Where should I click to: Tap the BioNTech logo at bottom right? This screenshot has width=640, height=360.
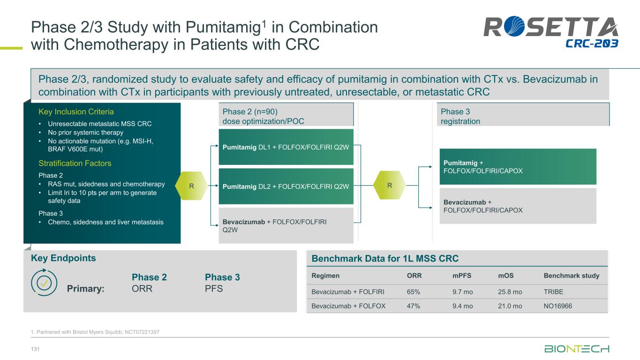coord(577,349)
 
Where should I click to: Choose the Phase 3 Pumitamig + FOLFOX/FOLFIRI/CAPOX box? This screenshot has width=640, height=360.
coord(518,166)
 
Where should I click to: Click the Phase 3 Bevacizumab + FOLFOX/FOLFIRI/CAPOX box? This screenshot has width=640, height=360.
coord(518,206)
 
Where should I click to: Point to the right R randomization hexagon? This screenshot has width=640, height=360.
coord(390,186)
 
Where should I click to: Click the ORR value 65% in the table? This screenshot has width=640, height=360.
coord(413,292)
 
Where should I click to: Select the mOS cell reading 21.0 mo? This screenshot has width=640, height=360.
coord(510,307)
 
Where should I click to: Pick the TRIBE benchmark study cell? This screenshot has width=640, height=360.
coord(553,292)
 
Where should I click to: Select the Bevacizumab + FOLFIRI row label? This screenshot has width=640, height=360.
coord(348,292)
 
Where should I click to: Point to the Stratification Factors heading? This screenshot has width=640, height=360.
coord(75,164)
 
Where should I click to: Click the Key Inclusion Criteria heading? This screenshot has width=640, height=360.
coord(76,112)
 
